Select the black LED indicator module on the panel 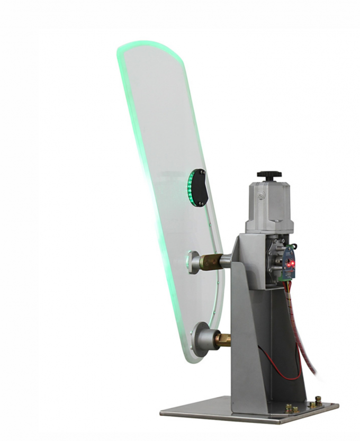(199, 187)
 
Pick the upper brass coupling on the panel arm (211, 261)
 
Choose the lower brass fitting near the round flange (222, 339)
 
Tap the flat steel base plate (222, 413)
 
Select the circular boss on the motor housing (261, 197)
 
